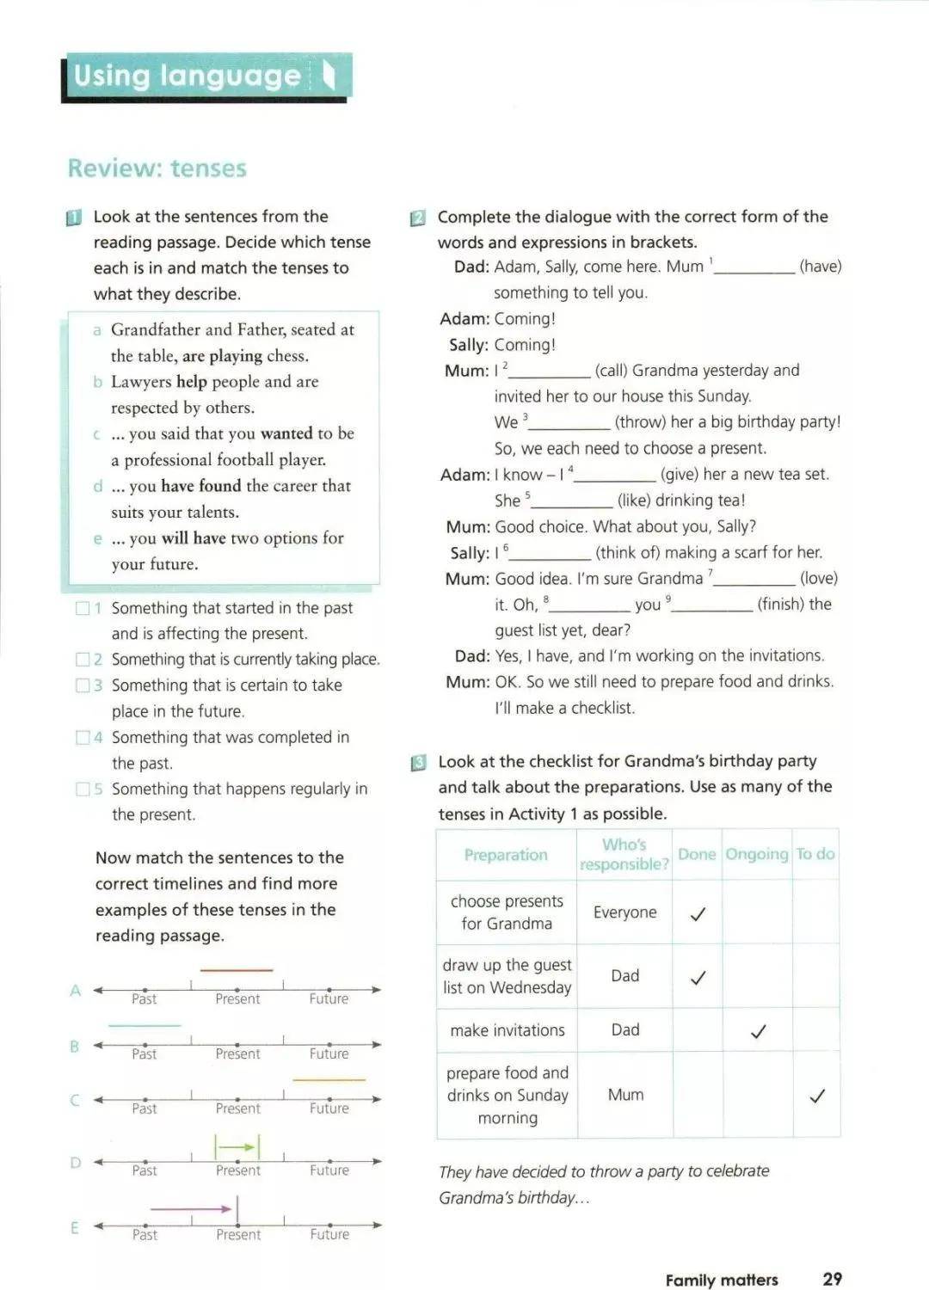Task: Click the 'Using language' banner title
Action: click(x=187, y=76)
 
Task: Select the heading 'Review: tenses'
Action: click(x=157, y=168)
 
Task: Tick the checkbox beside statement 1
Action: click(x=83, y=608)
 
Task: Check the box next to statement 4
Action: click(x=83, y=737)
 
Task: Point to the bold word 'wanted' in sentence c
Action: click(x=286, y=433)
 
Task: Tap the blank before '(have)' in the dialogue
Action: click(x=754, y=268)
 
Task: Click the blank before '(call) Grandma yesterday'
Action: click(x=551, y=372)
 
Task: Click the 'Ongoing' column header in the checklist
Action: click(x=757, y=854)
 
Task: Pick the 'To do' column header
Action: click(x=815, y=854)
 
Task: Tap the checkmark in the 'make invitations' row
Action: click(x=758, y=1030)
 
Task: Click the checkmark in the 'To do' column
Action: click(x=817, y=1095)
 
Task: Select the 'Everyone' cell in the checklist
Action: click(x=624, y=912)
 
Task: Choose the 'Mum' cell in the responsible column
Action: click(x=625, y=1094)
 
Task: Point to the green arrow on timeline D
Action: click(x=237, y=1146)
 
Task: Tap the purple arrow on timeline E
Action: click(x=191, y=1208)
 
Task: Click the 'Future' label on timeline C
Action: click(x=329, y=1109)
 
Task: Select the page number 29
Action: click(x=832, y=1279)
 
